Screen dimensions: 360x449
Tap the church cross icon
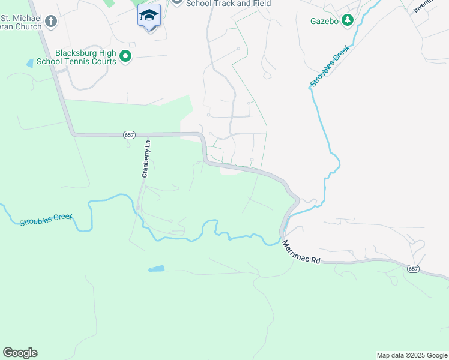pyautogui.click(x=51, y=22)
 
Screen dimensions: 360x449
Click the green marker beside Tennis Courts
pyautogui.click(x=125, y=57)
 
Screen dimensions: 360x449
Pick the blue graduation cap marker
pyautogui.click(x=149, y=16)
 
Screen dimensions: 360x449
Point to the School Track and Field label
pyautogui.click(x=228, y=4)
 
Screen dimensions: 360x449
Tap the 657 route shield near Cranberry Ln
pyautogui.click(x=130, y=135)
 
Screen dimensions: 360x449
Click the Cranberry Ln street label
pyautogui.click(x=146, y=160)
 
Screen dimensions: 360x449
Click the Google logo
pyautogui.click(x=20, y=353)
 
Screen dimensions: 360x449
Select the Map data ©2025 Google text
pyautogui.click(x=412, y=355)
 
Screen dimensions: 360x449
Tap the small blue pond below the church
pyautogui.click(x=30, y=63)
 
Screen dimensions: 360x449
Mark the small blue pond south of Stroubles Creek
pyautogui.click(x=156, y=269)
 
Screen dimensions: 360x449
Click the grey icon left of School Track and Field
pyautogui.click(x=176, y=2)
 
